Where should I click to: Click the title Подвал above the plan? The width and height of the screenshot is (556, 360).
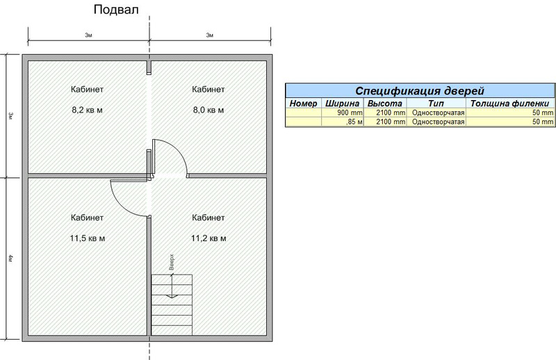click(116, 10)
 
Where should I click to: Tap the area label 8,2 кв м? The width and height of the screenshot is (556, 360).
click(88, 110)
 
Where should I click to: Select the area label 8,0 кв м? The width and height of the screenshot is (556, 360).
click(208, 110)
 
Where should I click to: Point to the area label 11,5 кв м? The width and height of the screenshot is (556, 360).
click(88, 238)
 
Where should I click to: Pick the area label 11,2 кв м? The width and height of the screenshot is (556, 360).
click(208, 238)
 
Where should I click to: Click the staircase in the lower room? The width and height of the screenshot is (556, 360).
click(172, 304)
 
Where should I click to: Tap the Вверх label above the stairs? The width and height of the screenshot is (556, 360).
click(172, 262)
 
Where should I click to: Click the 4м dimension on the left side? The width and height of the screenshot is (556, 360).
click(10, 259)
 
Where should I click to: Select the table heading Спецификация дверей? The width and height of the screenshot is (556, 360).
click(420, 91)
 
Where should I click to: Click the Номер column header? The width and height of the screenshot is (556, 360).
click(303, 104)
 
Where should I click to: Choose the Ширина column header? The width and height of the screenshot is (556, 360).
click(342, 104)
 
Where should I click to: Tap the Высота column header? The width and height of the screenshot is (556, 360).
click(385, 104)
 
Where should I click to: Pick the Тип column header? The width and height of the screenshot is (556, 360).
click(436, 104)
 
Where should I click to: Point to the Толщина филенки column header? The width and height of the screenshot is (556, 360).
click(509, 104)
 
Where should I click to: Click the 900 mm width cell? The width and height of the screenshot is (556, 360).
click(350, 113)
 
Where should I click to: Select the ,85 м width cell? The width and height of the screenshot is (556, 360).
click(354, 122)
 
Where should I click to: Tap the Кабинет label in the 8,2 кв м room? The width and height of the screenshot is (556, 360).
click(88, 89)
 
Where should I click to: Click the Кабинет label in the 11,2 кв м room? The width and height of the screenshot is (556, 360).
click(208, 218)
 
